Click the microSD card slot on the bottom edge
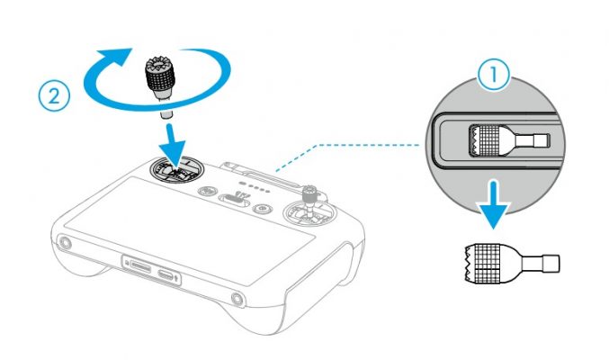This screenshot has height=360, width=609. point(141,266)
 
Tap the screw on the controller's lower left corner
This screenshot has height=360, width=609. point(64,243)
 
